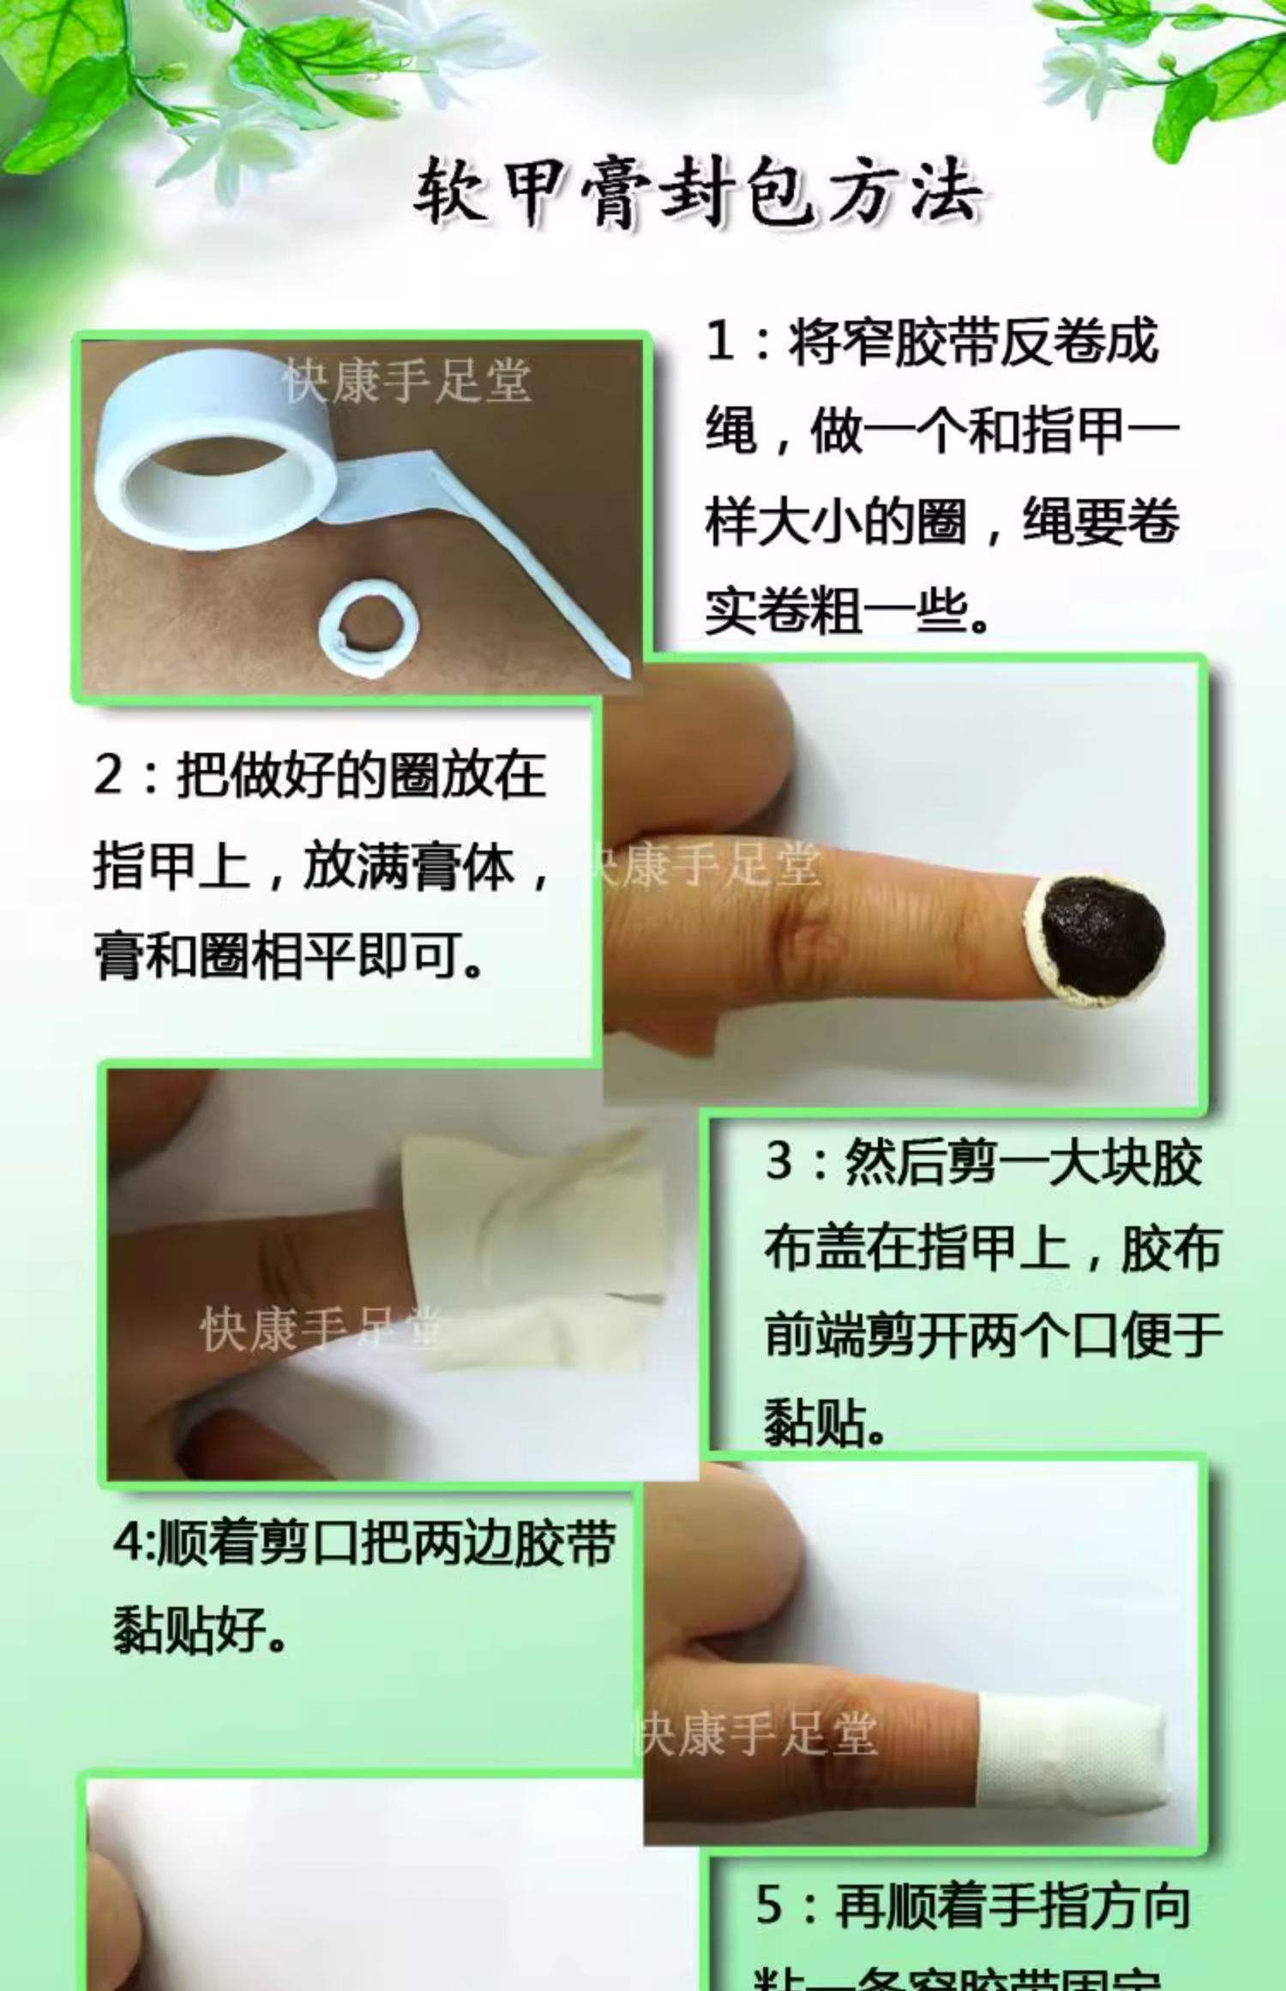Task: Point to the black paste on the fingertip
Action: tap(1102, 937)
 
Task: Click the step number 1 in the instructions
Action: tap(721, 343)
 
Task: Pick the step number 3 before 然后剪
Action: tap(780, 1164)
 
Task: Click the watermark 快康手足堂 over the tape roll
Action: tap(408, 380)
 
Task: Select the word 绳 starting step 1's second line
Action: tap(730, 432)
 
